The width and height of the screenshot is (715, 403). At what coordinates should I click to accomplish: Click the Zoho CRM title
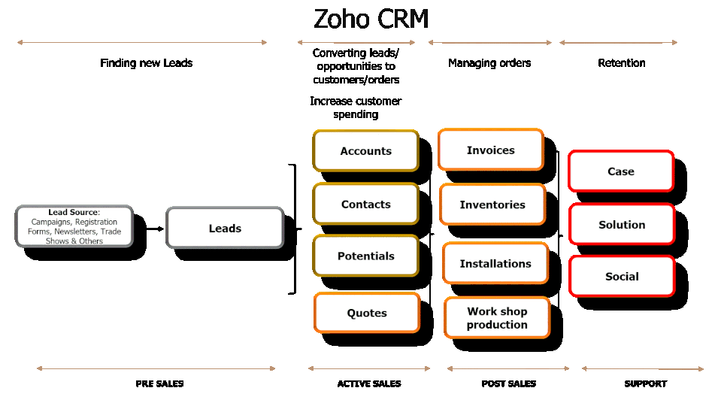pos(371,19)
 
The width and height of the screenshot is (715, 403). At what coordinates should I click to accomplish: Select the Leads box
pos(225,228)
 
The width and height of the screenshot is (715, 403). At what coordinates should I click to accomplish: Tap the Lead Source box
pos(74,226)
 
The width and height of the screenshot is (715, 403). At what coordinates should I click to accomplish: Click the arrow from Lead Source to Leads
pos(155,227)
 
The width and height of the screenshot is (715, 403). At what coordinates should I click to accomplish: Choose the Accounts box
pos(366,150)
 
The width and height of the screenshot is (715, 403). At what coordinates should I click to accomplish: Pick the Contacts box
pos(366,204)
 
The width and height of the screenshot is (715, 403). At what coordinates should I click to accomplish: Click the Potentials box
pos(366,256)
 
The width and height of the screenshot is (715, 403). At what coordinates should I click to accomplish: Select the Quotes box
pos(367,313)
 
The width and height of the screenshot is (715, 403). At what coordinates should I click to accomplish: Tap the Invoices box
pos(491,150)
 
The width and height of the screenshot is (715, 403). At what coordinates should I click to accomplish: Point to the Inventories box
pos(492,204)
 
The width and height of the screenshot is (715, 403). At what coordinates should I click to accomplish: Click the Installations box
pos(495,263)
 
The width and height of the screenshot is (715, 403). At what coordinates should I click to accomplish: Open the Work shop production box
pos(497,317)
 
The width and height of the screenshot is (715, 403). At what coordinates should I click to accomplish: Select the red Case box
pos(621,171)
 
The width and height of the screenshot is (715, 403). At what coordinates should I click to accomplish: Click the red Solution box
pos(622,224)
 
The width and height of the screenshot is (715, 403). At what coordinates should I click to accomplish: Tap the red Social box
pos(622,276)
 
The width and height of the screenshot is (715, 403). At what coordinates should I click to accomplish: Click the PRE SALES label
pos(159,383)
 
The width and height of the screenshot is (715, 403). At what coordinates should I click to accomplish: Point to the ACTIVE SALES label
pos(369,383)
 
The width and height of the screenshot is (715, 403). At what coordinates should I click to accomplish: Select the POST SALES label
pos(509,383)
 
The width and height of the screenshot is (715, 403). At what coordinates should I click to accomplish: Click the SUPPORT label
pos(645,383)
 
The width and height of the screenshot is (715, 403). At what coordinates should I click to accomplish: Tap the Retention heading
pos(622,63)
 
